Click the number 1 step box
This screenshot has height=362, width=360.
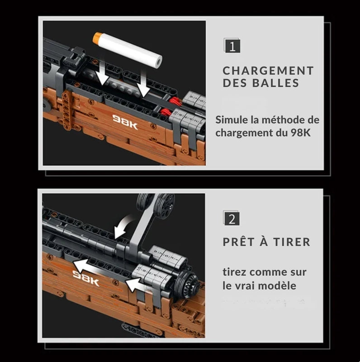(232, 46)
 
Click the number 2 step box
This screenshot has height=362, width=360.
(232, 218)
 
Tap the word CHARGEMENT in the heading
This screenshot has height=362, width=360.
(268, 71)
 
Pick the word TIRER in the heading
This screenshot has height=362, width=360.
(292, 242)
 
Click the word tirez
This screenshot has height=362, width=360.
(234, 272)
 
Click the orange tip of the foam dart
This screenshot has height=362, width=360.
(97, 38)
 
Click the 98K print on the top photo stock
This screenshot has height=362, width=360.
(125, 122)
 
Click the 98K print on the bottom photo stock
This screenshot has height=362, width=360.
(85, 278)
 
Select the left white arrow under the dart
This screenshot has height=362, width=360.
(102, 73)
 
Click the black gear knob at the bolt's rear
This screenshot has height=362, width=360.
(188, 282)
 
